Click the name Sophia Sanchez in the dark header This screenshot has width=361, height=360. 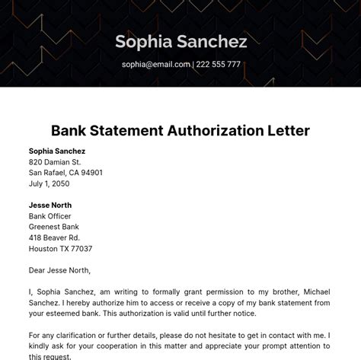180,41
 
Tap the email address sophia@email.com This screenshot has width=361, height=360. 155,65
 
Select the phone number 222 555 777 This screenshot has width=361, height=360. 219,65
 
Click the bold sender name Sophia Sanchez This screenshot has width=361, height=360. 57,151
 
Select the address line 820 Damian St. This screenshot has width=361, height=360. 55,162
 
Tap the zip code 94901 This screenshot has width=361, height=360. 90,173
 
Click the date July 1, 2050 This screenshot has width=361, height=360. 49,183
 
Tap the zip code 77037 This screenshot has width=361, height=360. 80,248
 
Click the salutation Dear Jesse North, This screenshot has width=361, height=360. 59,270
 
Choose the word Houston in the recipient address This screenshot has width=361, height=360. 44,248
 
